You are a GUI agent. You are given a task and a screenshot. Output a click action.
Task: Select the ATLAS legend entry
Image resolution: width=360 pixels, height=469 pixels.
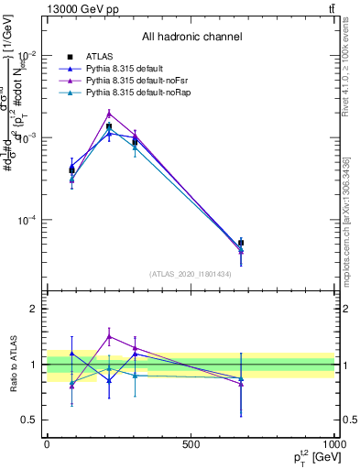102,57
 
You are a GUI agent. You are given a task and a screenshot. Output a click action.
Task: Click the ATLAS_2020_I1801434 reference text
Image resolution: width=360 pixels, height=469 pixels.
191,274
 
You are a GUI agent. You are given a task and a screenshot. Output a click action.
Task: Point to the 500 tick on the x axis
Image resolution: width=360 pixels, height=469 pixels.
191,443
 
